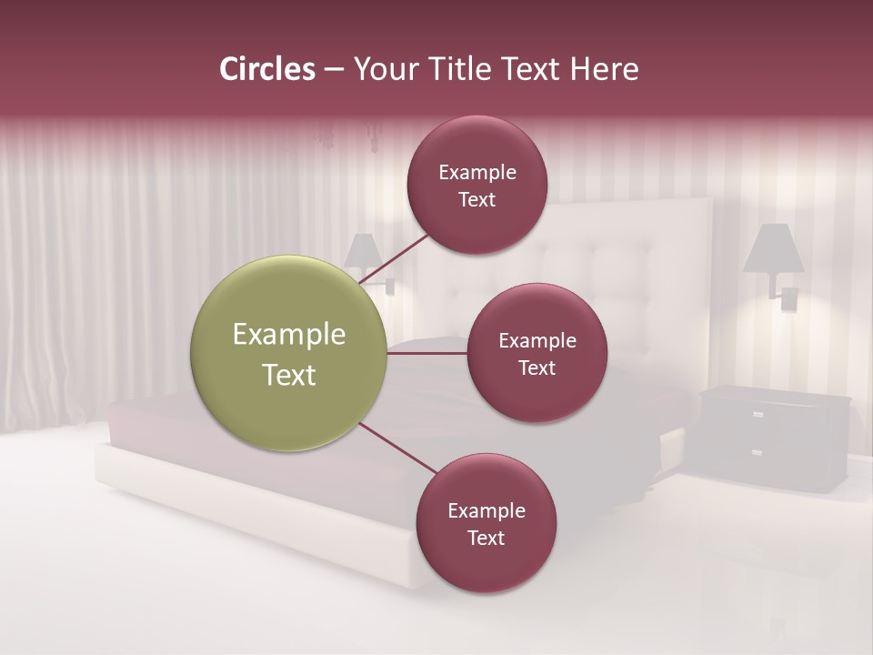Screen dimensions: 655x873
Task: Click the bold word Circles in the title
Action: click(x=267, y=69)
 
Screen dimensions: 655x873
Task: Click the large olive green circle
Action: click(x=289, y=354)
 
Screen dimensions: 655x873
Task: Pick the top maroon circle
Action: click(x=477, y=185)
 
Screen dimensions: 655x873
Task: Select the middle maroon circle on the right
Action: click(x=537, y=353)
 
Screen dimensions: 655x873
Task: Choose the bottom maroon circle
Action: click(x=487, y=523)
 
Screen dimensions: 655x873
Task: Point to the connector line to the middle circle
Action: click(x=427, y=353)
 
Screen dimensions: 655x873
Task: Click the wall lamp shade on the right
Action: click(x=773, y=248)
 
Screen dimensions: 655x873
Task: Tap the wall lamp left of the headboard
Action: click(x=364, y=253)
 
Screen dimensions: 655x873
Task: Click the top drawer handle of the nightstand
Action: click(x=758, y=414)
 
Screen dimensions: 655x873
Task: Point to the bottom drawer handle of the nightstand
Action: click(x=758, y=452)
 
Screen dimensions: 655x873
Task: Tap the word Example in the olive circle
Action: click(x=289, y=335)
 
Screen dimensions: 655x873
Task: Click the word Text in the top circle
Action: click(x=477, y=199)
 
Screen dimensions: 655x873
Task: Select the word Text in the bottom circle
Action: click(x=487, y=538)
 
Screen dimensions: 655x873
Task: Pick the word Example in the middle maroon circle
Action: click(x=537, y=340)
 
